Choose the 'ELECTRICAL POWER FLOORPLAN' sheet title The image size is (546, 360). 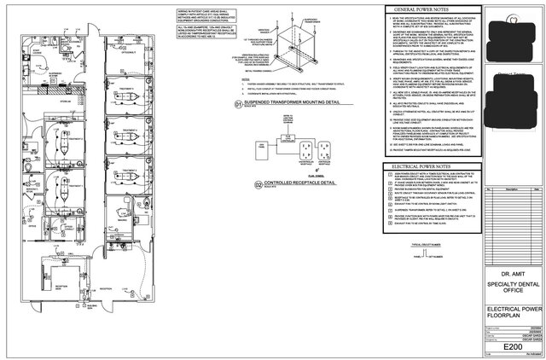[508, 307]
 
